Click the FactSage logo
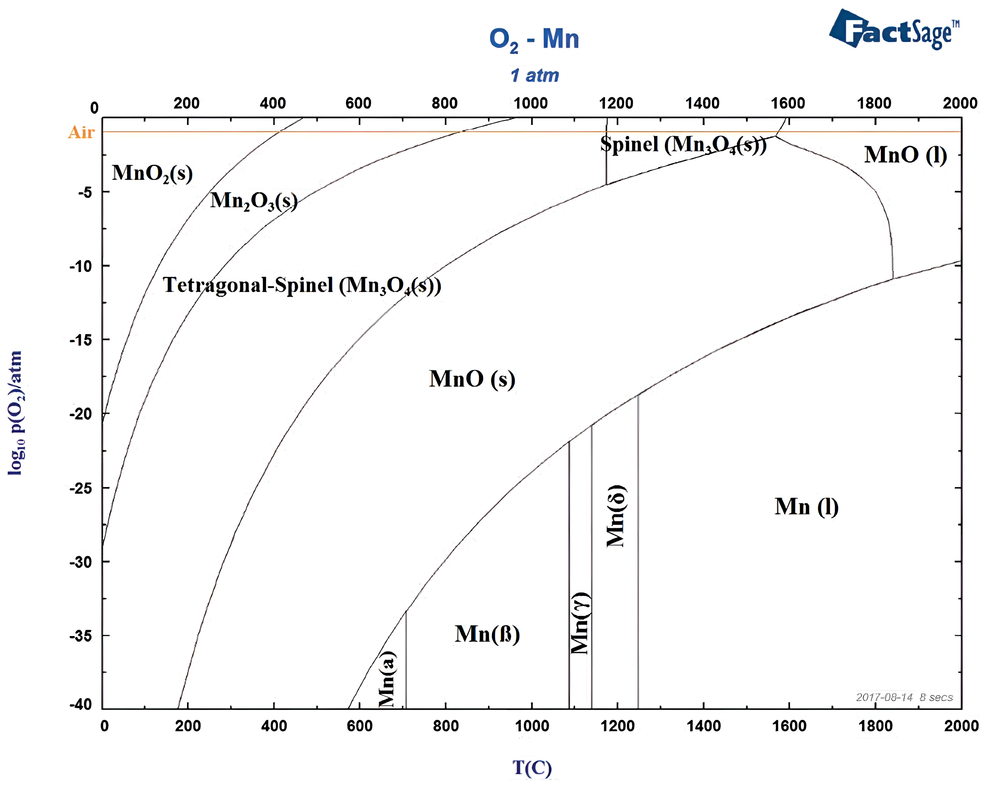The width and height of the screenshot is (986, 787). click(894, 30)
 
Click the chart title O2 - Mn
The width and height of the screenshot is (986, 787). click(534, 39)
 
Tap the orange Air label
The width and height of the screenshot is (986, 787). click(81, 132)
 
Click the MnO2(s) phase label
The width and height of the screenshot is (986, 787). click(152, 173)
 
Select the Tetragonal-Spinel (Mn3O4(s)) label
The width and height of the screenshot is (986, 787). click(302, 286)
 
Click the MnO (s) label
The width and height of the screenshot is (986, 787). click(472, 379)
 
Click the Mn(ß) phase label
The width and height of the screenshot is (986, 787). click(487, 634)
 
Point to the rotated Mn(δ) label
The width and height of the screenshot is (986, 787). click(616, 516)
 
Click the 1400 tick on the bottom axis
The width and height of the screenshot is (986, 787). click(703, 726)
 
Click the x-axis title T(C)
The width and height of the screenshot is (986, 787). click(532, 768)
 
